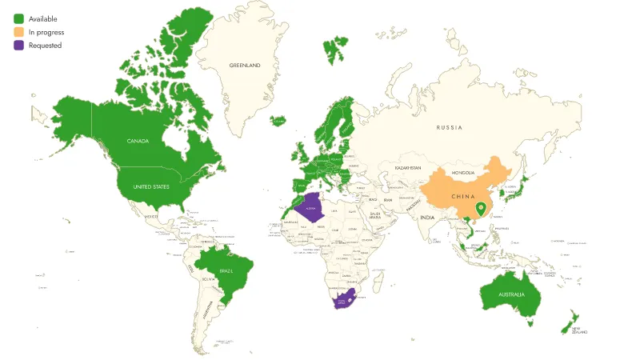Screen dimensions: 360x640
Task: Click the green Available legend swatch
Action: tap(18, 18)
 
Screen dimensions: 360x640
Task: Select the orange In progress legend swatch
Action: tap(18, 32)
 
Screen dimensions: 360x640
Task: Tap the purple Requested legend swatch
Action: tap(18, 46)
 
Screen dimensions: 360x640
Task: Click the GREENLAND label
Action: tap(245, 65)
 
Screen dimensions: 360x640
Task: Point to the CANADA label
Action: tap(139, 141)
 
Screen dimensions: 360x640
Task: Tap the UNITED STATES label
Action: tap(151, 186)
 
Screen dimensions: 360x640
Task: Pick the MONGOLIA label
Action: tap(463, 173)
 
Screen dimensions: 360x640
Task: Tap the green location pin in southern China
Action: tap(481, 210)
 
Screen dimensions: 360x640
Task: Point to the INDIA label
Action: tap(428, 218)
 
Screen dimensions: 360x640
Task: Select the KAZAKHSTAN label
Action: tap(407, 168)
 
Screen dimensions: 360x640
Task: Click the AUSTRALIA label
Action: tap(511, 294)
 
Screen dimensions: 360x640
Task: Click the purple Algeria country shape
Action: tap(311, 210)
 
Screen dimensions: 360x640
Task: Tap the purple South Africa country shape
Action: tap(343, 301)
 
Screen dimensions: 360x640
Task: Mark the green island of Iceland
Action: tap(278, 122)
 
